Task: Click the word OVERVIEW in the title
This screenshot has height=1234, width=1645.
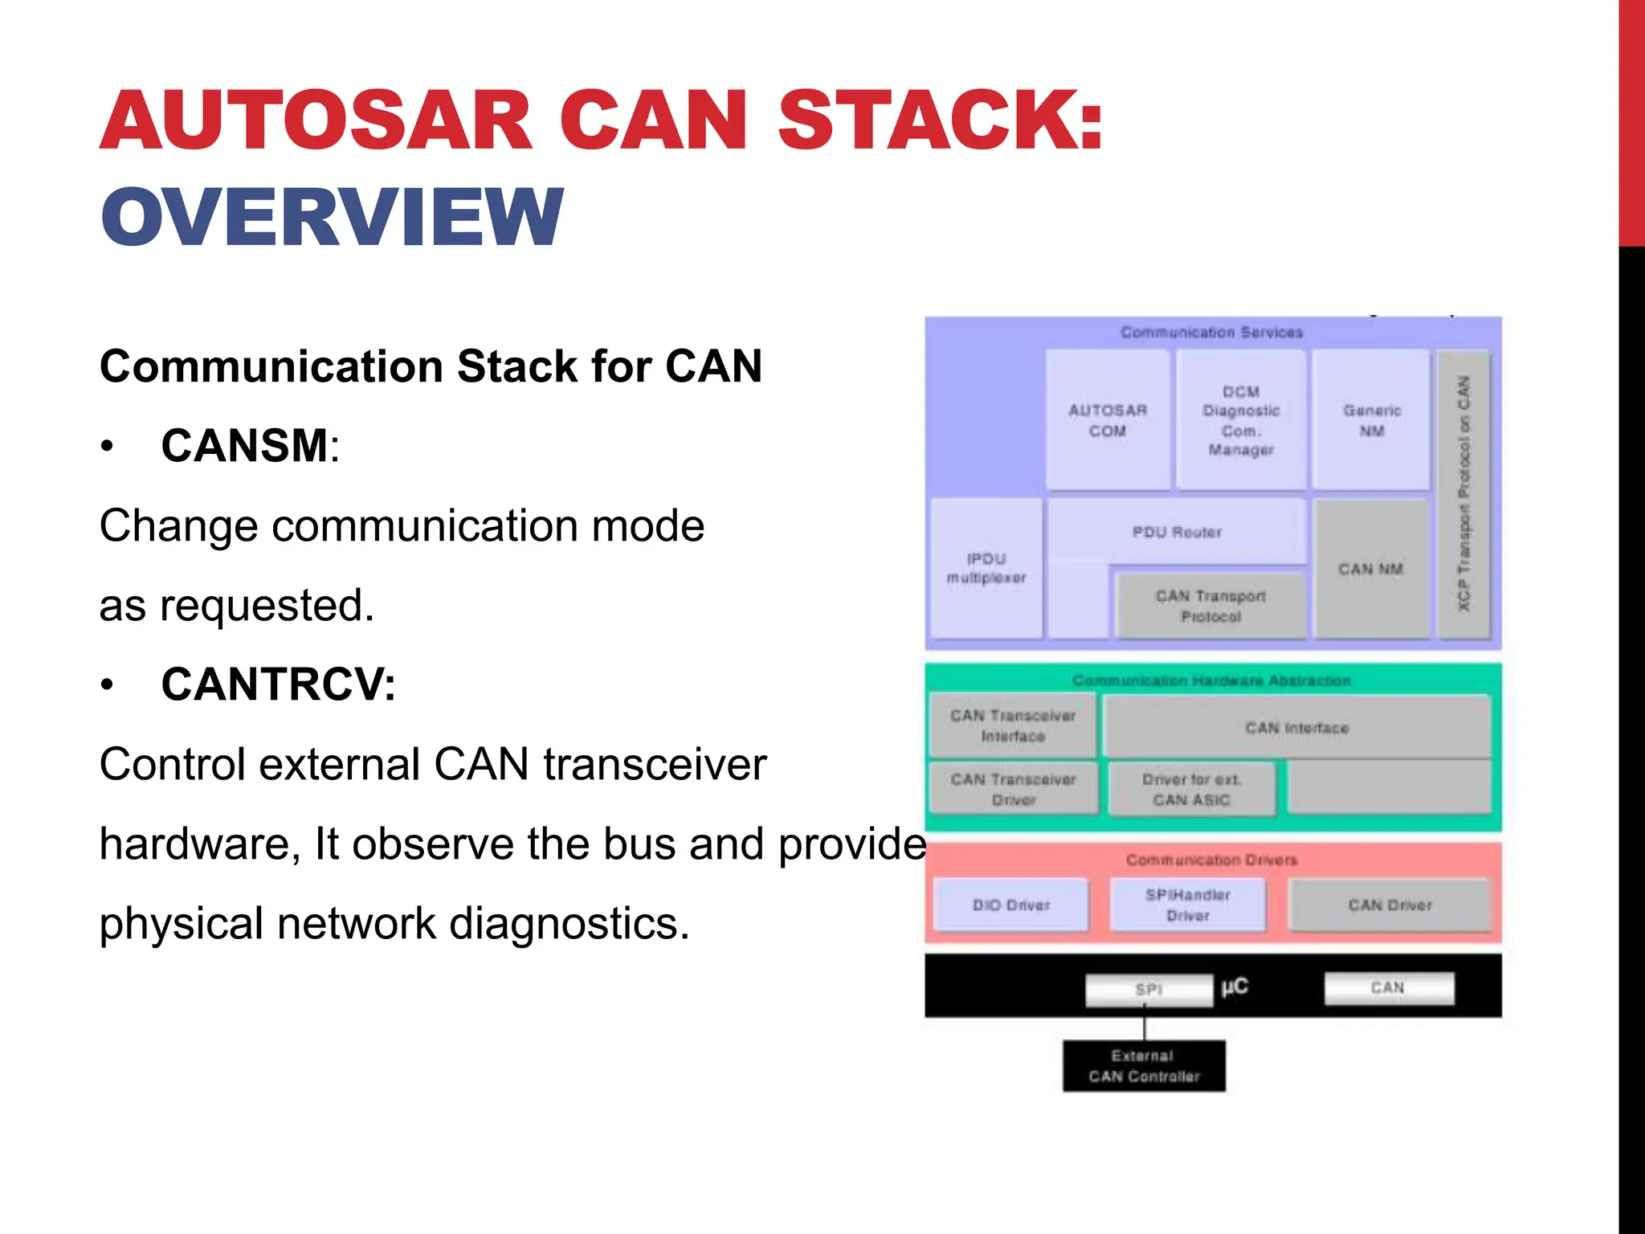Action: point(332,217)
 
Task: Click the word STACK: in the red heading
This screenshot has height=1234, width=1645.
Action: point(940,121)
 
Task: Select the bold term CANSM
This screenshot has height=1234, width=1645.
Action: point(244,446)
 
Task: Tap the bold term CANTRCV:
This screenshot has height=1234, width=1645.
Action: point(278,684)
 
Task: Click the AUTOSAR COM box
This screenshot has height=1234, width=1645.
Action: point(1107,420)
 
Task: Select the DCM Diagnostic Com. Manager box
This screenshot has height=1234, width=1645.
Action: point(1240,420)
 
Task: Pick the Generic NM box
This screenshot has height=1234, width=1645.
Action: point(1371,420)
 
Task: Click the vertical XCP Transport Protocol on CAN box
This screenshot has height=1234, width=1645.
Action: point(1463,494)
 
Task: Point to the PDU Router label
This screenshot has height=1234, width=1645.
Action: point(1177,532)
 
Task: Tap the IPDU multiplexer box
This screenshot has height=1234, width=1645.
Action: point(986,568)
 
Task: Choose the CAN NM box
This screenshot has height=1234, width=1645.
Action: point(1370,569)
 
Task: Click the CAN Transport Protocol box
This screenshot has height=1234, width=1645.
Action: point(1210,606)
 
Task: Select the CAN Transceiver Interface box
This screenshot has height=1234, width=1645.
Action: point(1013,725)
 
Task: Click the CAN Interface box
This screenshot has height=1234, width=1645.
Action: point(1296,727)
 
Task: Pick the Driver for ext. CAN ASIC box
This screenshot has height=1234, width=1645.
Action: point(1191,789)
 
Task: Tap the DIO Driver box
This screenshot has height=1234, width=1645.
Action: point(1011,905)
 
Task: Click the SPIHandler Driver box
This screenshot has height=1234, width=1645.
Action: point(1187,905)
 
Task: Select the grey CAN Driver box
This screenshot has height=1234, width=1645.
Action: point(1390,905)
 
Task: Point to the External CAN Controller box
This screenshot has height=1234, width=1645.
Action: point(1144,1066)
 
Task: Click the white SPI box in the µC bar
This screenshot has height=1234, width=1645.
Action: point(1149,990)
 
